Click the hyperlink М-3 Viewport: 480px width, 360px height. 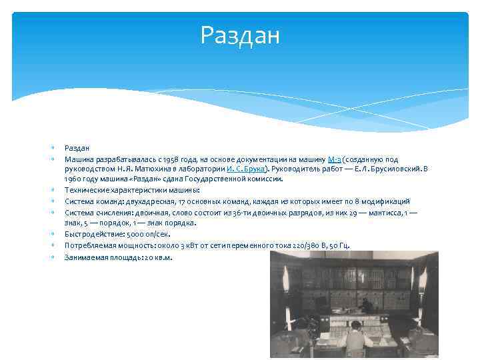tap(335, 159)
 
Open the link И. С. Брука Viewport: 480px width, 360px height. tap(245, 169)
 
